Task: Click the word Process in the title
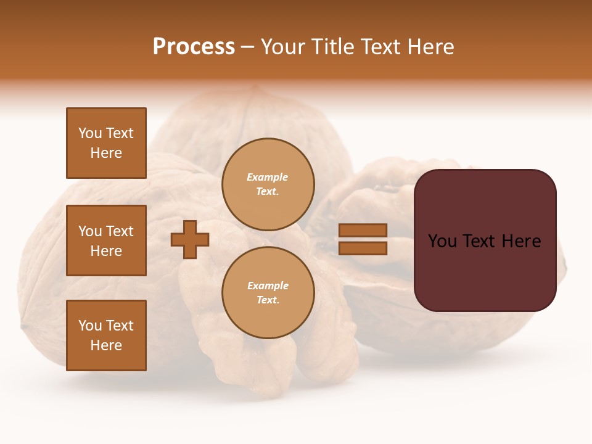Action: [194, 47]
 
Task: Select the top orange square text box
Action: [106, 143]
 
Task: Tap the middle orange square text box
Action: [106, 240]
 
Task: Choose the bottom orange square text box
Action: [106, 335]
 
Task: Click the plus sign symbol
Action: [190, 239]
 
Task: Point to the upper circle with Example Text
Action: [268, 184]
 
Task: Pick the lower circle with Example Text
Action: [268, 293]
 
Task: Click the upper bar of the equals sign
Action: [363, 231]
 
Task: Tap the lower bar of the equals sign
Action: [363, 248]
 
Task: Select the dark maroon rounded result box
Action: [485, 240]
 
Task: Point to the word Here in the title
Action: [432, 47]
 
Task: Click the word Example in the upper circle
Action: [268, 178]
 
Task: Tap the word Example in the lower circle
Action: [268, 286]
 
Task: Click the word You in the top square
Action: [90, 133]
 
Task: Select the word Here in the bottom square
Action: [106, 345]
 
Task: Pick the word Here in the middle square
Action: [106, 251]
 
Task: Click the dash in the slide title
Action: [248, 47]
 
